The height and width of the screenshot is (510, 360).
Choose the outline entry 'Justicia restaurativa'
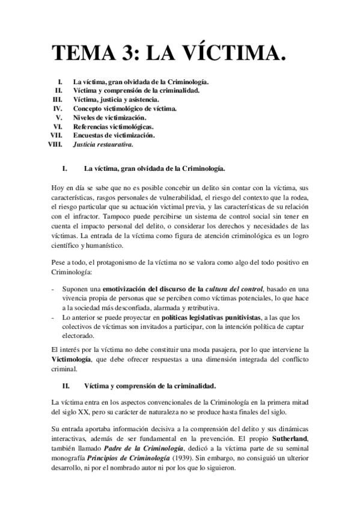point(103,144)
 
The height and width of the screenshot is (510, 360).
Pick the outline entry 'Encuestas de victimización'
point(114,135)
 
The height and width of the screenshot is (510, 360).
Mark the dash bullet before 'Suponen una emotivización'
point(54,289)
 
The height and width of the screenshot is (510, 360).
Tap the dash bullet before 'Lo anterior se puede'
point(54,316)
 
